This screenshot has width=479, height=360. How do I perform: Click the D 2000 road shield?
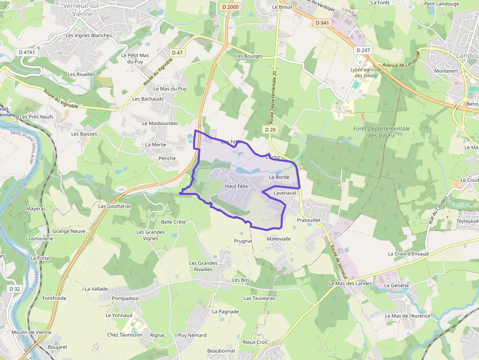point(230,7)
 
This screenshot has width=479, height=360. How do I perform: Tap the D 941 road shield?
point(322,22)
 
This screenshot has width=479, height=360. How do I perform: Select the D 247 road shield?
point(363,50)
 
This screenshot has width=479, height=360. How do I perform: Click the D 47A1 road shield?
point(27,52)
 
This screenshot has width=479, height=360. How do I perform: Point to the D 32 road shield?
point(15,289)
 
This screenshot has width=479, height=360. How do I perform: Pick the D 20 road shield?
point(271,129)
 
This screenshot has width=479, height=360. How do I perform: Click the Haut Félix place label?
point(237,187)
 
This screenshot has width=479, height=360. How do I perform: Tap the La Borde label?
point(279,177)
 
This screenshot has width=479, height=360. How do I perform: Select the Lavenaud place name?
point(285,193)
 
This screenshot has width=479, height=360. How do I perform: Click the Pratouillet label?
point(308,220)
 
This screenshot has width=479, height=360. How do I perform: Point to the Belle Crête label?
point(174,222)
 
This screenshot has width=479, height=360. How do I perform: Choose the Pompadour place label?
point(126,298)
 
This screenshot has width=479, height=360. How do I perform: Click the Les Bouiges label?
point(249,56)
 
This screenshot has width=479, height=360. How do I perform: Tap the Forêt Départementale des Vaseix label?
point(381,132)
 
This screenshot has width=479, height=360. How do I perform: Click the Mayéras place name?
point(36,209)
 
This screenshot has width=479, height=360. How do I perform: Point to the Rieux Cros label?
point(255,342)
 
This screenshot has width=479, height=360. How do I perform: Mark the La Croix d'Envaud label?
point(408,254)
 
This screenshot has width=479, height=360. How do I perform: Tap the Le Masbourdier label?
point(160,124)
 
